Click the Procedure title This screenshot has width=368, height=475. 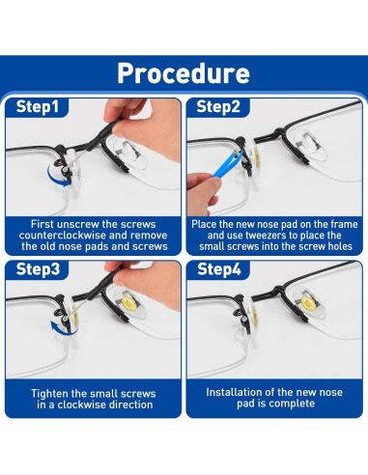pos(184,73)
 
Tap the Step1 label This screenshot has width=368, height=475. pos(38,106)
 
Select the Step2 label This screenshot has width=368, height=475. pos(218,106)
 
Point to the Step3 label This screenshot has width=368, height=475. pos(38,268)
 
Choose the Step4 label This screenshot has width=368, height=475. pos(219,268)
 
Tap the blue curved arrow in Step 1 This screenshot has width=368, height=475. pos(56,178)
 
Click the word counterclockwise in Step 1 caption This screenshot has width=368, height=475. pos(63,236)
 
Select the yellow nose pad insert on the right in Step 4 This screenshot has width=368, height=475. pos(308,303)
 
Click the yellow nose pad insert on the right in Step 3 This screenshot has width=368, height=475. pos(128,303)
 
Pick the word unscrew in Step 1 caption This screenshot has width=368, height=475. pos(75,224)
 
